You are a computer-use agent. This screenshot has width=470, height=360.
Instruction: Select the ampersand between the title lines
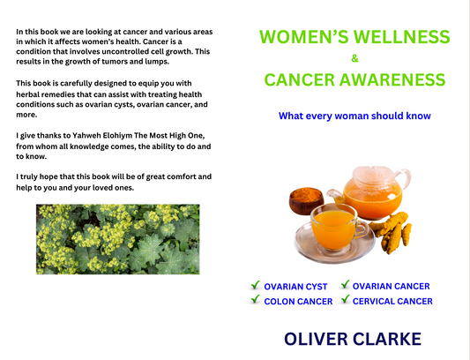354,59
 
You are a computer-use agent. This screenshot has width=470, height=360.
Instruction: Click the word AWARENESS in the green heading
396,80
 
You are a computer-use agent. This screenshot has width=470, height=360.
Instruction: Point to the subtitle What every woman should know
354,116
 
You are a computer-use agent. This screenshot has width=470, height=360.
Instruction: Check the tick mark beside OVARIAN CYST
255,286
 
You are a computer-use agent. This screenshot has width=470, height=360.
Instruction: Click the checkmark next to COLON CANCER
255,301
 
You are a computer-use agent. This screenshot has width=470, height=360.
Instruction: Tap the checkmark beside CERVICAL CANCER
343,301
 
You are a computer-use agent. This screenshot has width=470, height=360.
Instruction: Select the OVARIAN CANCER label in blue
391,286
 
